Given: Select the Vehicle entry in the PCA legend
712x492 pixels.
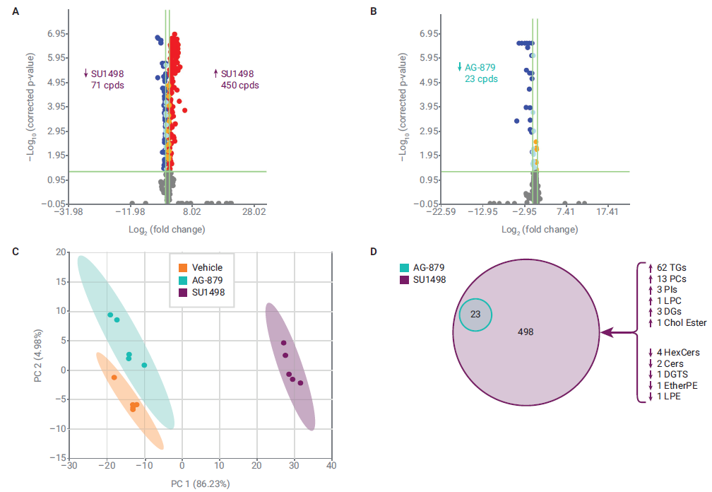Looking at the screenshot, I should [206, 267].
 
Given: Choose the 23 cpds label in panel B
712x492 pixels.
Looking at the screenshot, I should [481, 79].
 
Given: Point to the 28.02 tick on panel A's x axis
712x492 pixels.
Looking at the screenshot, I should [254, 211].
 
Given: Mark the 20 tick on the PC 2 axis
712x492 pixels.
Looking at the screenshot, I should [60, 252].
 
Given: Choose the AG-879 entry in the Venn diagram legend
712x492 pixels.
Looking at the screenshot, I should [429, 268].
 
